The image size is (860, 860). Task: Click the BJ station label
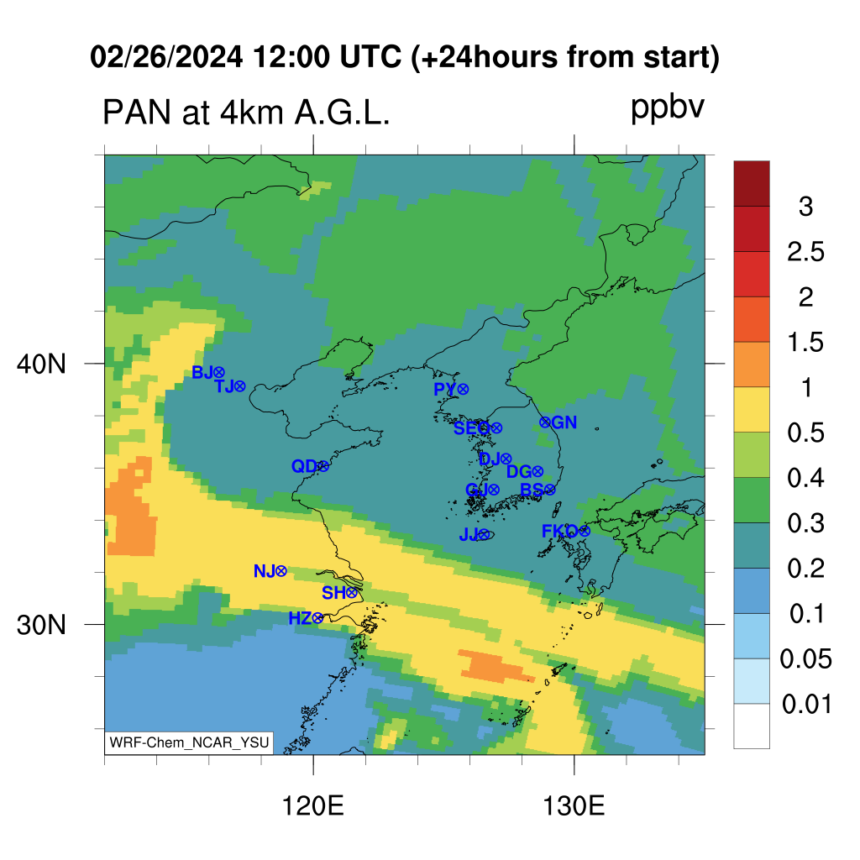point(202,372)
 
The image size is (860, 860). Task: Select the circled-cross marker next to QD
point(323,466)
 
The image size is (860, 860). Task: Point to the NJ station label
point(265,571)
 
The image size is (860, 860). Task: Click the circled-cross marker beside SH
point(352,592)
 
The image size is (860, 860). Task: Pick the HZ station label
point(300,619)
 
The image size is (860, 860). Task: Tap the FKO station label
point(559,531)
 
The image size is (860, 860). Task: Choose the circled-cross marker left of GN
point(544,422)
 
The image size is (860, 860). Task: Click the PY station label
point(445,390)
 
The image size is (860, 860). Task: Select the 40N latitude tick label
point(41,364)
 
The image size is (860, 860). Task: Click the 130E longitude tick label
point(574,806)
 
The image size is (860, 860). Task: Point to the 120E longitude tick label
point(312,806)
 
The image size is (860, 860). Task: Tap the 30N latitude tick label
point(41,625)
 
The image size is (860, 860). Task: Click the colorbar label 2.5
point(805,252)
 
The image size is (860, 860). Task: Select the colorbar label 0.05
point(805,658)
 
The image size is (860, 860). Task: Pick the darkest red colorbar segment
point(752,183)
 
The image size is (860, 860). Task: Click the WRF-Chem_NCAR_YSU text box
point(189,743)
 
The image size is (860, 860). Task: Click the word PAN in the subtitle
point(137,113)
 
